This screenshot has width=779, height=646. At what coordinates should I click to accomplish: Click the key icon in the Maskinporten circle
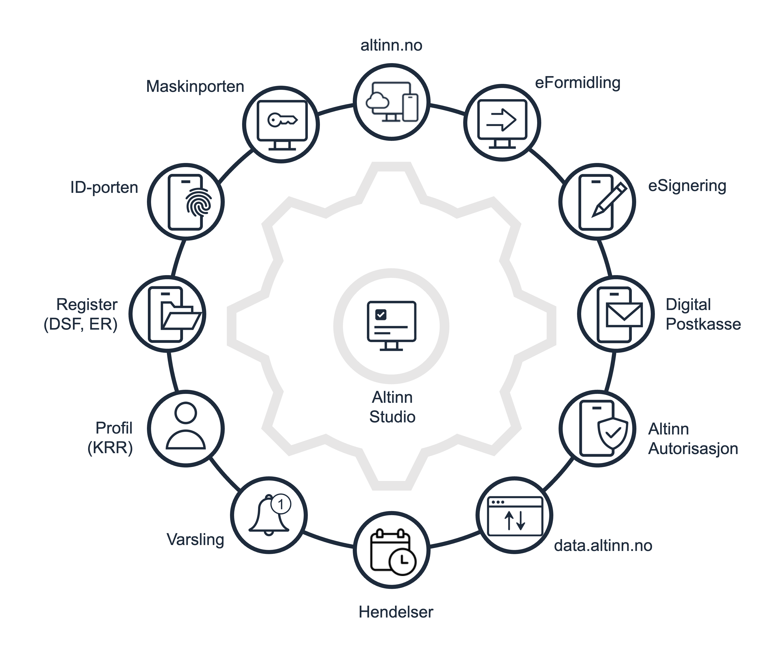click(282, 120)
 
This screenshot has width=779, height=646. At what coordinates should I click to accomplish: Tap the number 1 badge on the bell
click(281, 504)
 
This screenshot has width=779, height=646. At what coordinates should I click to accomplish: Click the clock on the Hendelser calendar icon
click(402, 561)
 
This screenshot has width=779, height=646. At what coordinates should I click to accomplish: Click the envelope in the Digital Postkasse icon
click(624, 315)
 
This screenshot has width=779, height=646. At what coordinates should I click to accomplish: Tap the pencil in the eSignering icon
click(609, 200)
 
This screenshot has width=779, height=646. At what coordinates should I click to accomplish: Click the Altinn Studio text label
click(392, 407)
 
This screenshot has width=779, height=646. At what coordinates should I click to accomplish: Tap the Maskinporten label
click(195, 86)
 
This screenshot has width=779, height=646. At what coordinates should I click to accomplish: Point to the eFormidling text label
click(577, 83)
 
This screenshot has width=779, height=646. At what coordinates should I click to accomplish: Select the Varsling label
click(195, 540)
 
